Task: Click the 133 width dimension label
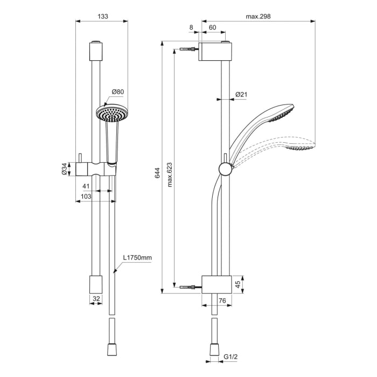pos(102,16)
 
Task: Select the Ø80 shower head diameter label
pos(118,92)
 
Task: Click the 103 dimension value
pos(85,197)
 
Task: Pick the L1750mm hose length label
pos(137,258)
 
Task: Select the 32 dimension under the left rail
pos(95,297)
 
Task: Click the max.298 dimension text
pos(258,16)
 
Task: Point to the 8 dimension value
pos(191,26)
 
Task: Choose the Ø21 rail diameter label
pos(241,95)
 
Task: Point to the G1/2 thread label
pos(231,357)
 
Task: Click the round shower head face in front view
pos(111,114)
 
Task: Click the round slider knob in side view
pos(225,170)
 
